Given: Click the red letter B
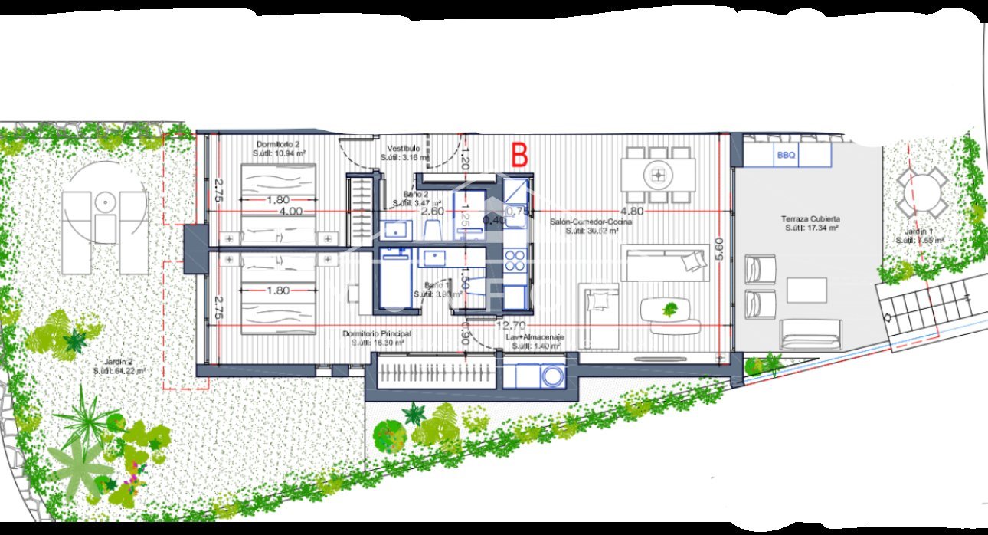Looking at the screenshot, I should point(519,155).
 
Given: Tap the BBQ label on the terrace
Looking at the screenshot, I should point(787,156).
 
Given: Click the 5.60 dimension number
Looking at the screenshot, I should point(718,251).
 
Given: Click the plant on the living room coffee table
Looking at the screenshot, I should point(670,309).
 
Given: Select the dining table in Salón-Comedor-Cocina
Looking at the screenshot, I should point(658,175).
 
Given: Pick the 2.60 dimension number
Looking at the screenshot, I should point(433,211).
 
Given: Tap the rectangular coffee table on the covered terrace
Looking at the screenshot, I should point(806,290).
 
